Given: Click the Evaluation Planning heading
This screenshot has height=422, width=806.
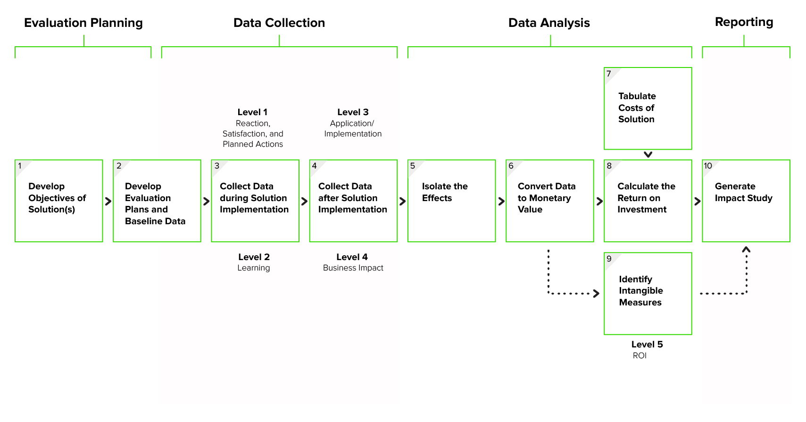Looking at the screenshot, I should click(83, 23).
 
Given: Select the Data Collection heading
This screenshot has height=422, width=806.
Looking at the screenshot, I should click(279, 23).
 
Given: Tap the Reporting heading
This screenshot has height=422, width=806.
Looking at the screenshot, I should click(744, 22).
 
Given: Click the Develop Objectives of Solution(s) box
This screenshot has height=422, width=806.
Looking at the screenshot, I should click(59, 201).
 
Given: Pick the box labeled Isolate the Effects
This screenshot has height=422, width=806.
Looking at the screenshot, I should click(451, 201).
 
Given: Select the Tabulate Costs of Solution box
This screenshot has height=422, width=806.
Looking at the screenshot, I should click(648, 108).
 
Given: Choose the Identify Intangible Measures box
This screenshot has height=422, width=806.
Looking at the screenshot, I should click(648, 293).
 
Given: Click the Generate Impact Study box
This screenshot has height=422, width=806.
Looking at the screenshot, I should click(746, 201).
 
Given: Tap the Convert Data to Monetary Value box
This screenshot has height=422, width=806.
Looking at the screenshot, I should click(549, 201).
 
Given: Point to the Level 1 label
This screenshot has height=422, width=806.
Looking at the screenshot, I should click(252, 112).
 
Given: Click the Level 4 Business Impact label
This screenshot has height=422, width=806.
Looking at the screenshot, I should click(352, 262).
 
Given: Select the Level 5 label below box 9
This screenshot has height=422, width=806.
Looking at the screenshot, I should click(647, 345).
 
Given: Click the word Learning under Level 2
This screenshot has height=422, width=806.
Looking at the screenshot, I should click(254, 268).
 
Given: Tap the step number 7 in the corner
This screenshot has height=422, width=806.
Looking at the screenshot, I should click(609, 74).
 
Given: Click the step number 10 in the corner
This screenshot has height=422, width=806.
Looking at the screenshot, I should click(708, 166).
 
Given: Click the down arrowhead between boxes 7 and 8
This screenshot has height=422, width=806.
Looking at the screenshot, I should click(648, 154).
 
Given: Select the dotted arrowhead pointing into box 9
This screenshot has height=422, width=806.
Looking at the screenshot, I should click(597, 294).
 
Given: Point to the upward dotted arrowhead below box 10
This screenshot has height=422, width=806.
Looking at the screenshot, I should click(746, 250).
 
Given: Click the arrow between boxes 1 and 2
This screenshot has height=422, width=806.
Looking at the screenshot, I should click(108, 201).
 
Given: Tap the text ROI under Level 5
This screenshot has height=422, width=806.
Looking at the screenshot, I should click(640, 356).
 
